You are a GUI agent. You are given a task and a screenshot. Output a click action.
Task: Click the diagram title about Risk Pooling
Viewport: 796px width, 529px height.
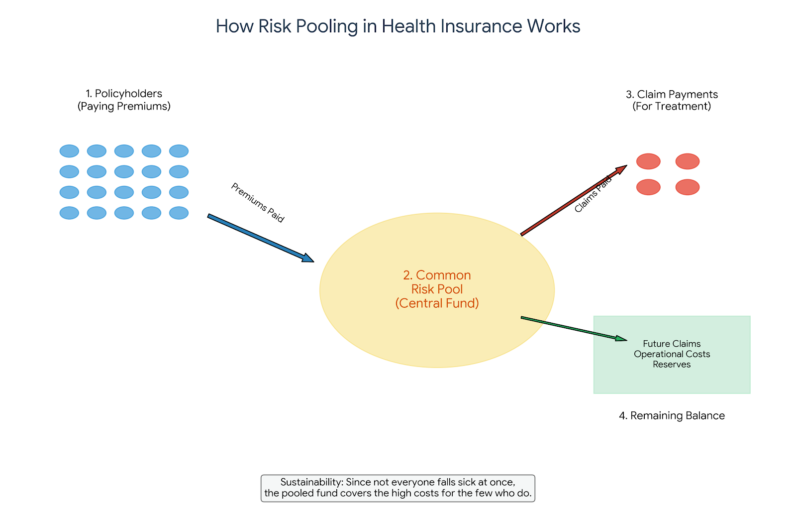pos(398,26)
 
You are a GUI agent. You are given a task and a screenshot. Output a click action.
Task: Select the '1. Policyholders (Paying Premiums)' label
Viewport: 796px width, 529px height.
pos(124,100)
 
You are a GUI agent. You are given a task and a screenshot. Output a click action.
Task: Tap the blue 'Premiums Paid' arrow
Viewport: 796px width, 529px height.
pos(259,238)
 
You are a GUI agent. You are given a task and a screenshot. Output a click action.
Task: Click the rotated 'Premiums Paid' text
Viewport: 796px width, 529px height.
pos(257,203)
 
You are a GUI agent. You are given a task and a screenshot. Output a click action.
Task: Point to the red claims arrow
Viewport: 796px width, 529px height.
pos(572,201)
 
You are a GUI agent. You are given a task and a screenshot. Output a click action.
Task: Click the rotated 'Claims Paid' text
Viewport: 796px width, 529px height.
pos(593,195)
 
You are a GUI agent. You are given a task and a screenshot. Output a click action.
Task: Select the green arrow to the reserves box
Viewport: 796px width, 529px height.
pos(572,328)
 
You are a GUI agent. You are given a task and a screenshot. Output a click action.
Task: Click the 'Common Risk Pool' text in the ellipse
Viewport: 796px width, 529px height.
pos(437,282)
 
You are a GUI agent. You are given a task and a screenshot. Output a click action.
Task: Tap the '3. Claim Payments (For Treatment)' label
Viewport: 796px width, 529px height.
pos(672,100)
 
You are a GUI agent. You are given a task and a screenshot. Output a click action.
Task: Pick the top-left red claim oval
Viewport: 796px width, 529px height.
pos(648,161)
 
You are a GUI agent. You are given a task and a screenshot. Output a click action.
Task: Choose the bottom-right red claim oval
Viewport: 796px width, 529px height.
pos(688,187)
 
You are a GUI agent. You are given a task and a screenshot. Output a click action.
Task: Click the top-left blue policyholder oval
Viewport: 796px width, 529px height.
pos(69,151)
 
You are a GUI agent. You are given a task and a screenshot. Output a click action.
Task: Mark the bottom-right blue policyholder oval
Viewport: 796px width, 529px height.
pos(179,213)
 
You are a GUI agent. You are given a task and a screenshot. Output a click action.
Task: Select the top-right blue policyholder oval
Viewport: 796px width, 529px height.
pos(179,151)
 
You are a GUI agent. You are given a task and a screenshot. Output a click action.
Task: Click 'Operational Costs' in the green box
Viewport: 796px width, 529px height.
pos(672,354)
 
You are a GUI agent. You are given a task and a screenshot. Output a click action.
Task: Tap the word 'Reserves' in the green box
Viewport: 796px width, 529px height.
pos(672,365)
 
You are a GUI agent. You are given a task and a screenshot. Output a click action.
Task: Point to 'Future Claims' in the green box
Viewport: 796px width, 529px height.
pos(672,344)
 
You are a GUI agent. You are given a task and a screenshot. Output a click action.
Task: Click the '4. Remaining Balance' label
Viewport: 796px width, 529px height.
pos(672,415)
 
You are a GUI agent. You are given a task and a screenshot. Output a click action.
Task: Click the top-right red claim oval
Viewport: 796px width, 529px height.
pos(688,161)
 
